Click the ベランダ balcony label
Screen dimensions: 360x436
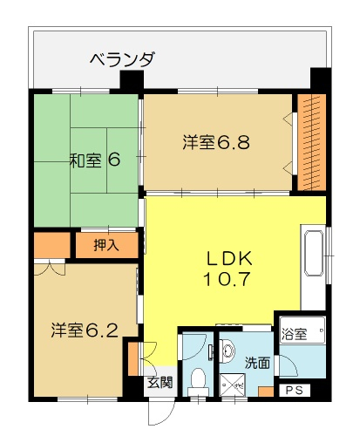121,60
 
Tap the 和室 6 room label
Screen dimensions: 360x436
95,160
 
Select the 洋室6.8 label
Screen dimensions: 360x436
216,142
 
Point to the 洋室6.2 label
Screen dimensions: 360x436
85,330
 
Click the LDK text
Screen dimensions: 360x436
229,258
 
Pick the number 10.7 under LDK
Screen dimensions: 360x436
227,279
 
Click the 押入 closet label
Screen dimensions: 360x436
106,245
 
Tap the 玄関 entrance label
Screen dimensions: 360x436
160,382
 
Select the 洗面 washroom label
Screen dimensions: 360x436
257,363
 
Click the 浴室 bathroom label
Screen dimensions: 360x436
294,334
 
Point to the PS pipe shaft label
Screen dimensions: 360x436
295,390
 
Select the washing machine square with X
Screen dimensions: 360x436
232,385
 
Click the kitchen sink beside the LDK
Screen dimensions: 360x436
314,253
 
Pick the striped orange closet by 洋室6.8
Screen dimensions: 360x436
311,142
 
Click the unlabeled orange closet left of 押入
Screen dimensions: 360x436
52,245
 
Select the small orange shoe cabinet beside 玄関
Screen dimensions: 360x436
133,358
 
